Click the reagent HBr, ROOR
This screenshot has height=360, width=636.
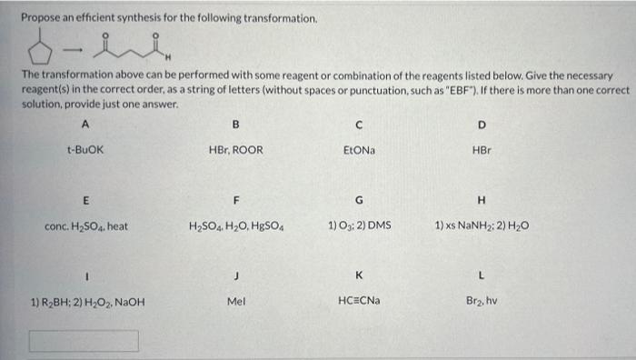[235, 149]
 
